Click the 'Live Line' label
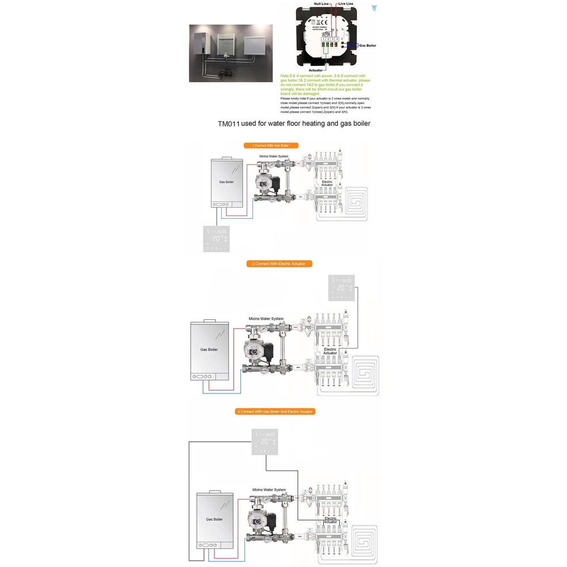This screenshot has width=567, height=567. click(346, 4)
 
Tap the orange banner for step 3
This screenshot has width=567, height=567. click(275, 411)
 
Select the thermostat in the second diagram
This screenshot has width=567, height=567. click(341, 289)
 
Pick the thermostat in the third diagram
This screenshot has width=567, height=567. click(265, 442)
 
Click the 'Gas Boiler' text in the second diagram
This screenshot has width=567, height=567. click(209, 349)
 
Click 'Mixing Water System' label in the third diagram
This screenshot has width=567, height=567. click(269, 489)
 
